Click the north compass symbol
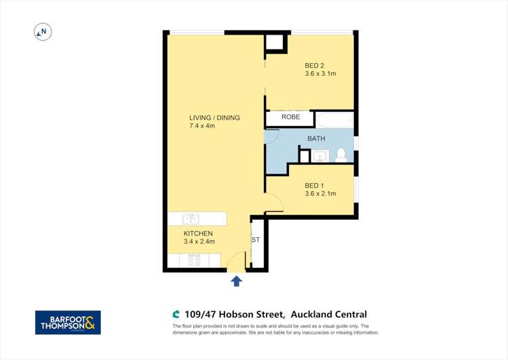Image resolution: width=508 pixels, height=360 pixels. (x=42, y=31)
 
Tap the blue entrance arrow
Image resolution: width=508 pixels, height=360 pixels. (x=236, y=281)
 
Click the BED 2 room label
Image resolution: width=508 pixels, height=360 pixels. (x=314, y=66)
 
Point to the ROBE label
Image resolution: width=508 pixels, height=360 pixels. (x=290, y=117)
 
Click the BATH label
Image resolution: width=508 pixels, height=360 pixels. (x=316, y=138)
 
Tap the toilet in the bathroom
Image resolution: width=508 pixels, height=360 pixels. (x=341, y=155)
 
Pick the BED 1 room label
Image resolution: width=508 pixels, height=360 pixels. (x=314, y=186)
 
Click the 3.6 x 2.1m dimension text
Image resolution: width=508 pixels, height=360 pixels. (x=320, y=195)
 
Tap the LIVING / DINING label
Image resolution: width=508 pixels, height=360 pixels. (x=214, y=118)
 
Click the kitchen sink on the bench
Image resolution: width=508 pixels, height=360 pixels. (x=191, y=219)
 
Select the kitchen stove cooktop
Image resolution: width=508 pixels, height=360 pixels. (x=193, y=260)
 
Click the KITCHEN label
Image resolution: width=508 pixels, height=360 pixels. (x=198, y=233)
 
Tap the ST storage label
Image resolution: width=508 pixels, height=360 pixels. (x=256, y=240)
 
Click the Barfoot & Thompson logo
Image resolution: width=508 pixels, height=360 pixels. (x=68, y=323)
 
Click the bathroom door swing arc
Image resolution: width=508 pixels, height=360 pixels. (x=271, y=136)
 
